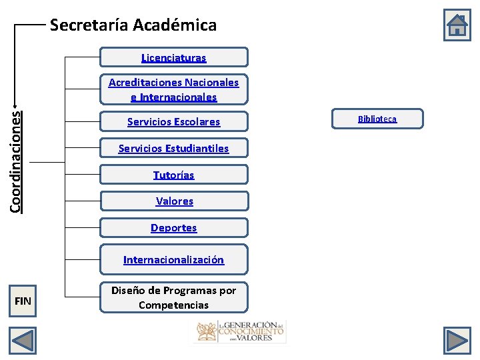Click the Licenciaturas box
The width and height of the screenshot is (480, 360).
173,57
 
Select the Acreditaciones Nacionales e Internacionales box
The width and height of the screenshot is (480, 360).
173,90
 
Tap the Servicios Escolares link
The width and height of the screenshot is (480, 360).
173,122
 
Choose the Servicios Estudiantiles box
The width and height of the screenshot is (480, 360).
173,149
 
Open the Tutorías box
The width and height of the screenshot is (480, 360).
173,175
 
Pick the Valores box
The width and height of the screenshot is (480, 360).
173,201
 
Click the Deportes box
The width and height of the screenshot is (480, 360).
173,228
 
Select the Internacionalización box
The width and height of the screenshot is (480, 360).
173,260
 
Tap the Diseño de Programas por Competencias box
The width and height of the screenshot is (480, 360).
173,297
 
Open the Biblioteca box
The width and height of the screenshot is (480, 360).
377,119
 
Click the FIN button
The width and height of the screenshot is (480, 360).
23,301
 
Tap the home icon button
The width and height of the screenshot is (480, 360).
457,26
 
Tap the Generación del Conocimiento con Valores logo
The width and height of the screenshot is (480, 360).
239,331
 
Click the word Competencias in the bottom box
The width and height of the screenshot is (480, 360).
173,305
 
